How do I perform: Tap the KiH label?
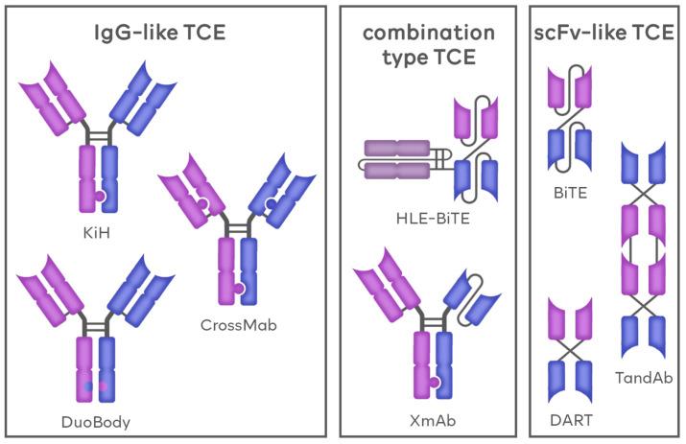pos(95,232)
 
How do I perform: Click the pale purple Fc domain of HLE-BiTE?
pos(393,159)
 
